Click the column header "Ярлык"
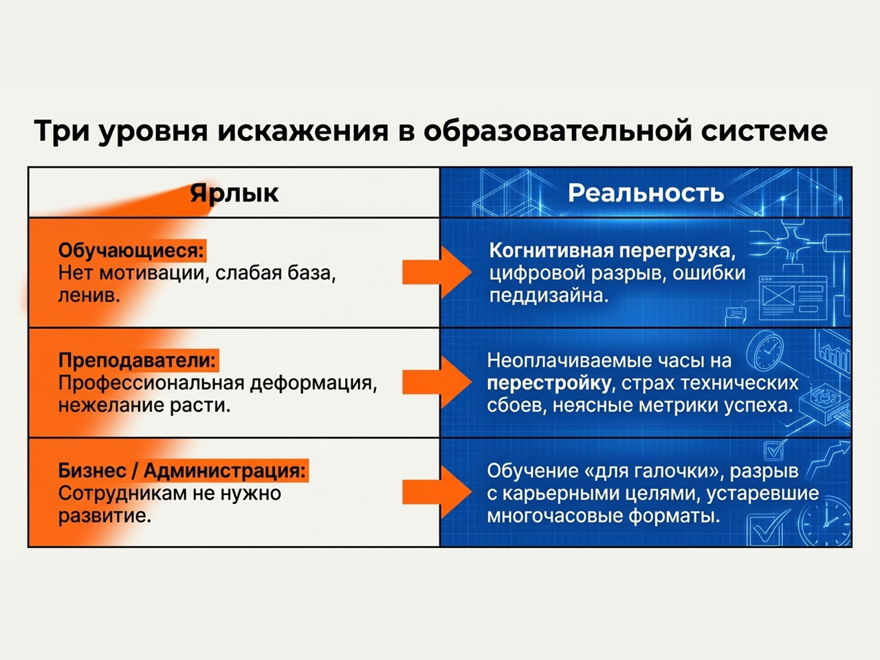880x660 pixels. click(234, 193)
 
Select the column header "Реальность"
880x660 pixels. click(646, 193)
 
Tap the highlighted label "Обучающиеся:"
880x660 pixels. click(131, 250)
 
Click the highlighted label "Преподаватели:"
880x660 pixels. click(137, 360)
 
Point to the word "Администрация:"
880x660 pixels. click(225, 471)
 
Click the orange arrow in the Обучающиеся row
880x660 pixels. click(436, 272)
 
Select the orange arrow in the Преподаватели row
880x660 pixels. click(436, 382)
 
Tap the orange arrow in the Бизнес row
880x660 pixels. click(436, 492)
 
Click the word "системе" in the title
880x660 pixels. click(764, 131)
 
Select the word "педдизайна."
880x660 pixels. click(549, 296)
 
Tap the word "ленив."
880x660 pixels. click(89, 296)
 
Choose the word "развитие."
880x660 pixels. click(104, 516)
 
